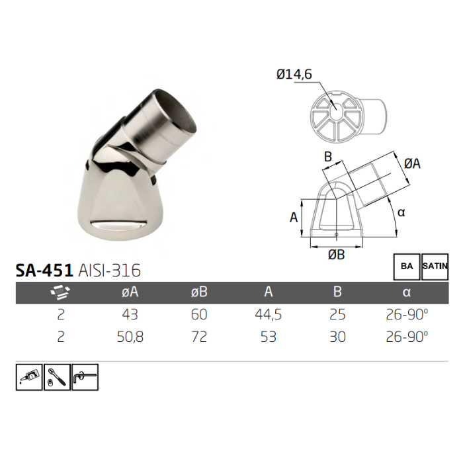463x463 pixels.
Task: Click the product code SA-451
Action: pyautogui.click(x=44, y=271)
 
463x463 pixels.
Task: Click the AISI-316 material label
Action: pyautogui.click(x=109, y=271)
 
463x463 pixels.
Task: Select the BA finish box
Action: pyautogui.click(x=406, y=266)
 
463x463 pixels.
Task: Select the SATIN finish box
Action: pyautogui.click(x=435, y=266)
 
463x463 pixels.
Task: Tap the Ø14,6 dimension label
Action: pyautogui.click(x=294, y=75)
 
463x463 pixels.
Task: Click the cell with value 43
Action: pyautogui.click(x=129, y=315)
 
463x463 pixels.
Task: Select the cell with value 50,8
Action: pyautogui.click(x=129, y=337)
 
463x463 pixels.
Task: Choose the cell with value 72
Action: pyautogui.click(x=199, y=337)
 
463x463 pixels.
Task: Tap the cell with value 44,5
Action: pyautogui.click(x=269, y=315)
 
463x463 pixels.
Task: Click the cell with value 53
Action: pyautogui.click(x=269, y=337)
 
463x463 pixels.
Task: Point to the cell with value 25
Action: pyautogui.click(x=338, y=315)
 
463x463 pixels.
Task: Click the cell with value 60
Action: pyautogui.click(x=199, y=315)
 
